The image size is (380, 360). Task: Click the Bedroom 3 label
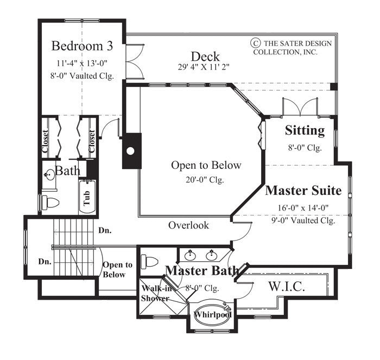82,45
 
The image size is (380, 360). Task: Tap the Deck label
205,56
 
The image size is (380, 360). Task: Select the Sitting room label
305,130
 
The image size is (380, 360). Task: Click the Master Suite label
303,191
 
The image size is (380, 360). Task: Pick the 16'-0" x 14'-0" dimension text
303,207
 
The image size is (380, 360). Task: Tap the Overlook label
188,225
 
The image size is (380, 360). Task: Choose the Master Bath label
201,270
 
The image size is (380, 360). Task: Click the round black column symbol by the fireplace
130,150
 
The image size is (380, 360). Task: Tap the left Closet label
46,141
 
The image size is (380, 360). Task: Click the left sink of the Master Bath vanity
191,256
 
